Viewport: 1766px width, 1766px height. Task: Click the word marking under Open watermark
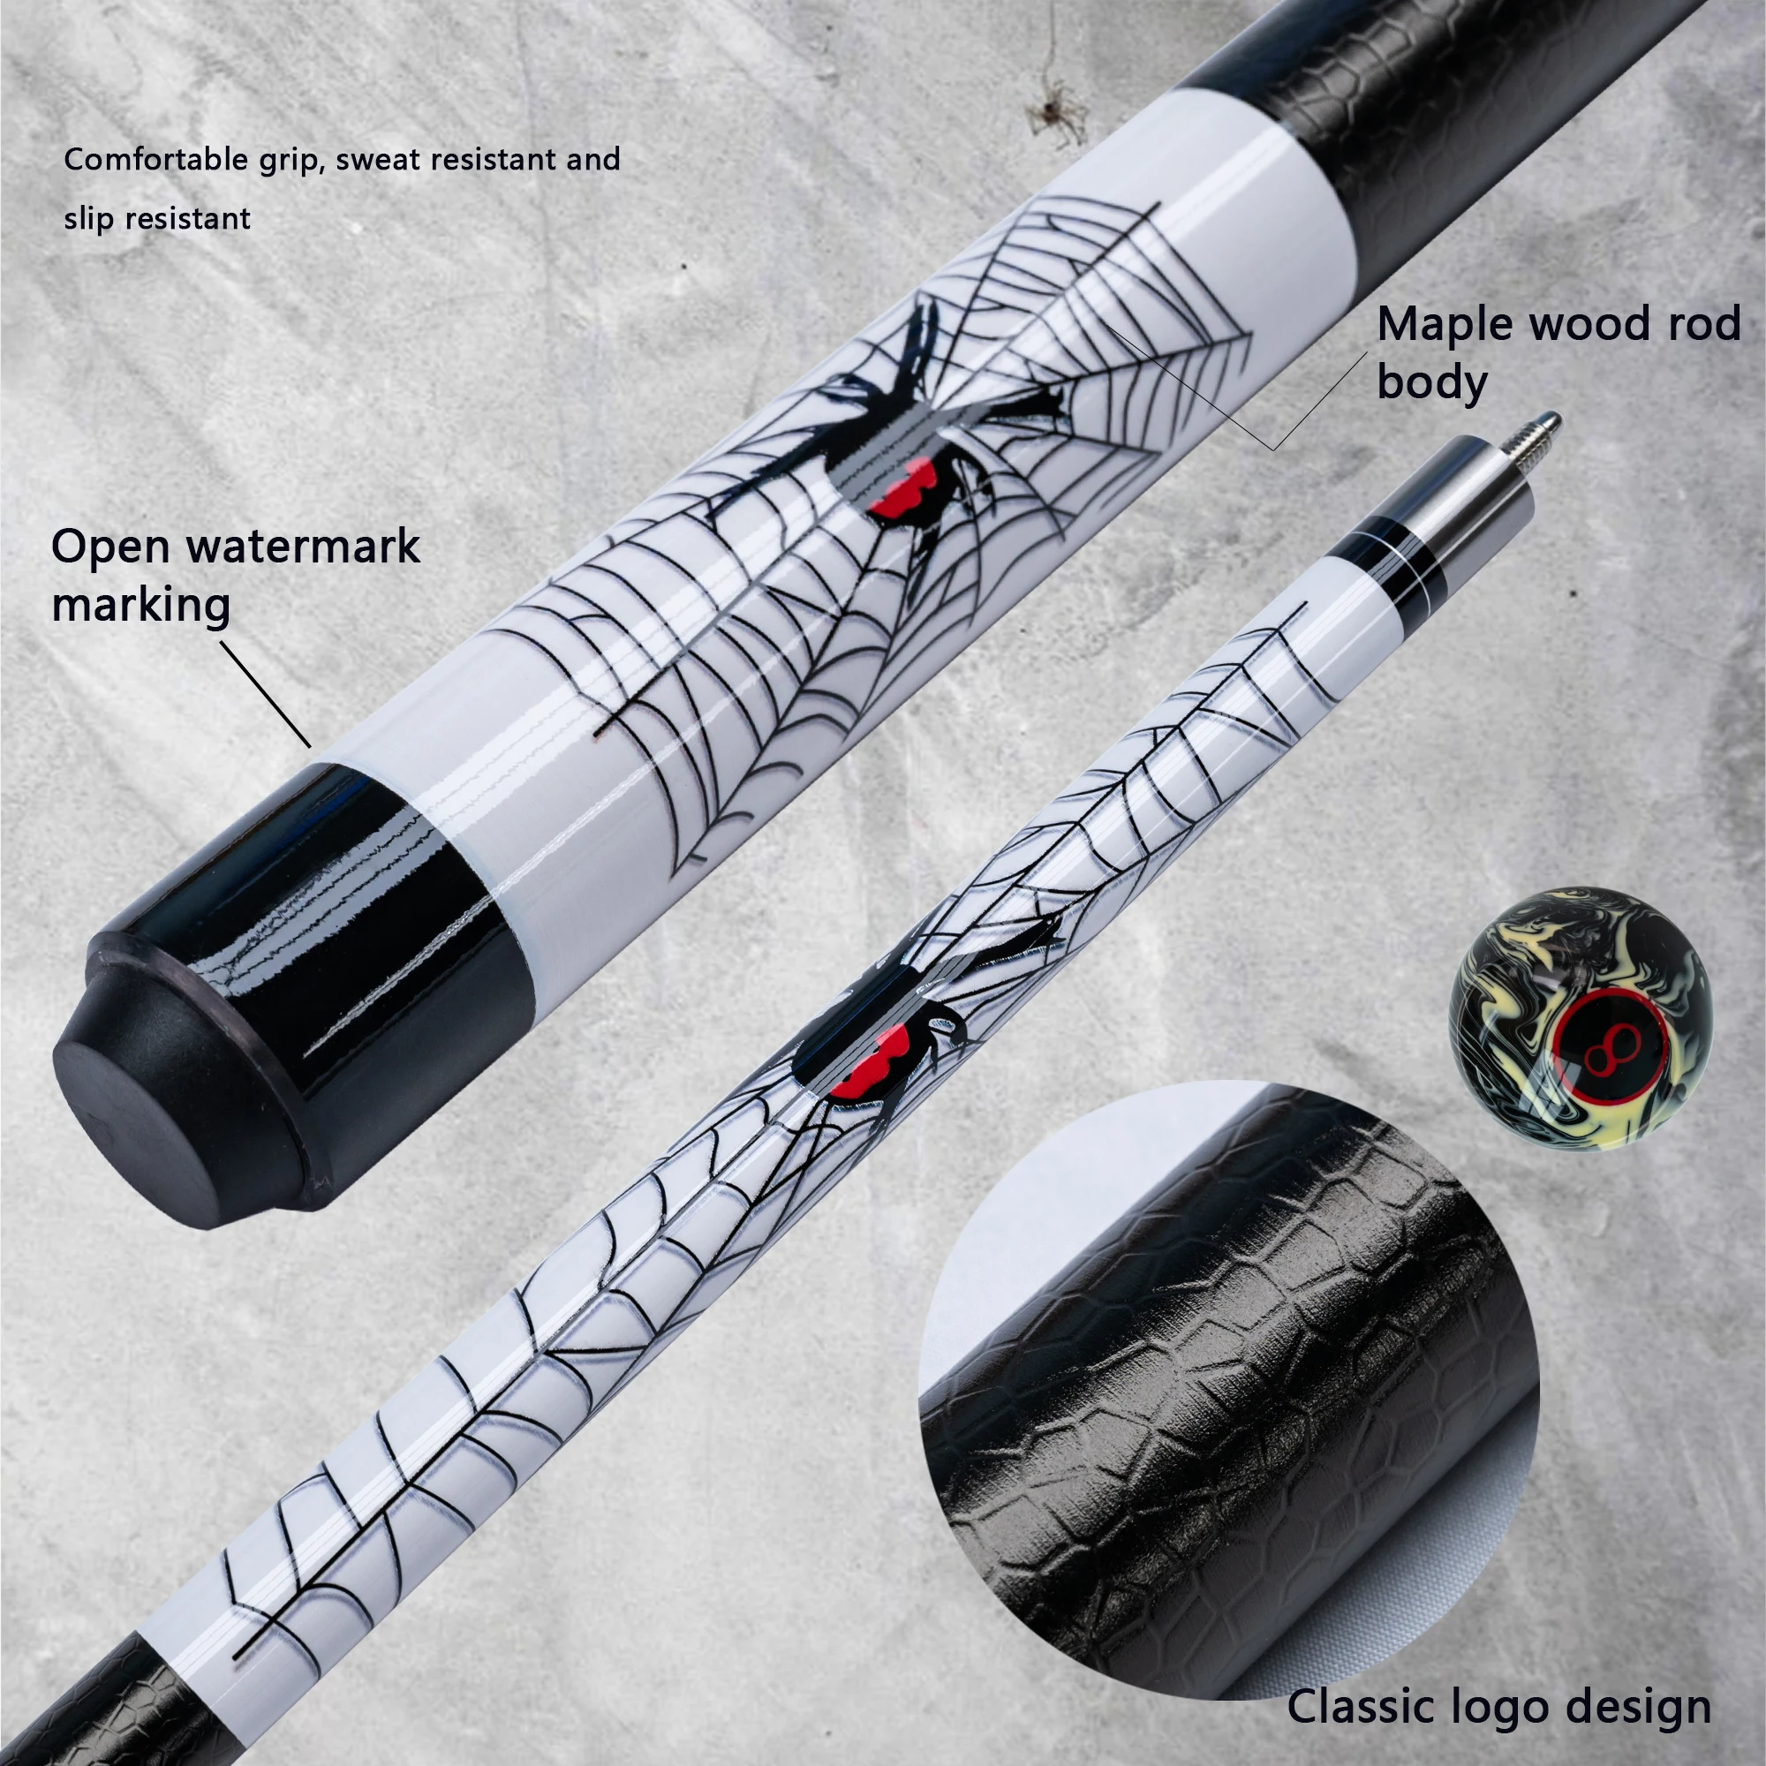140,605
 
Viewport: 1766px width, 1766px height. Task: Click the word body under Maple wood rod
1431,381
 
